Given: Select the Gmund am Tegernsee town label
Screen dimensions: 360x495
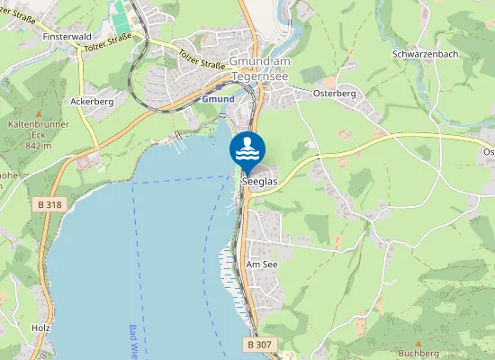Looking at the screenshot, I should pyautogui.click(x=262, y=68).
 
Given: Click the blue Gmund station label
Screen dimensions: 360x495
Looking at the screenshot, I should pyautogui.click(x=217, y=98).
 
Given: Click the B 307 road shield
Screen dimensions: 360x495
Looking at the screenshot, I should pyautogui.click(x=258, y=344).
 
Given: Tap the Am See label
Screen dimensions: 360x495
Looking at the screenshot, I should pyautogui.click(x=262, y=265).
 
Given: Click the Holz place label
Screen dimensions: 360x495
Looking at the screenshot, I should pyautogui.click(x=39, y=328).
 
